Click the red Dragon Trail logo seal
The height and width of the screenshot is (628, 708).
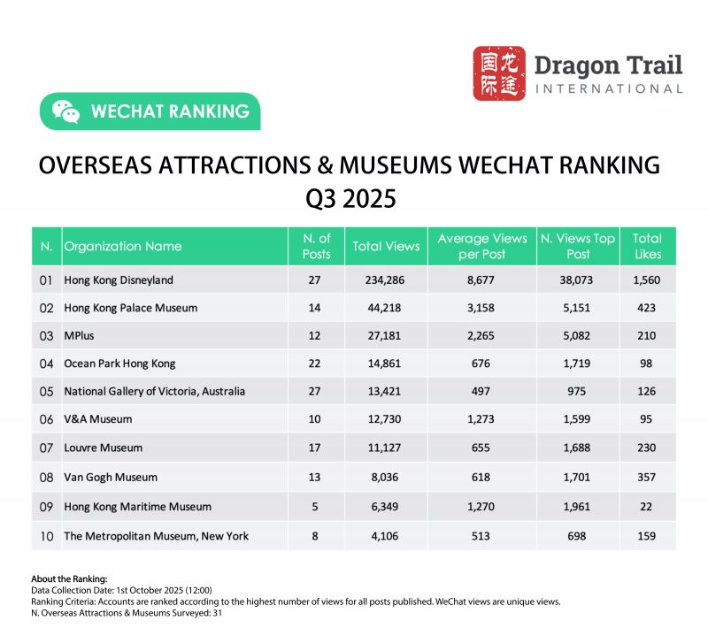click(x=498, y=73)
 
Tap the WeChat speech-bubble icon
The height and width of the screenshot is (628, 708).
click(x=65, y=111)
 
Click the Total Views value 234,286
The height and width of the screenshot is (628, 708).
click(x=379, y=280)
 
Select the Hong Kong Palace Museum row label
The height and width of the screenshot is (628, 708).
click(x=130, y=308)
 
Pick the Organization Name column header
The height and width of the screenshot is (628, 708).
click(x=123, y=247)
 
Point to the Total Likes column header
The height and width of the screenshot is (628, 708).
click(x=647, y=247)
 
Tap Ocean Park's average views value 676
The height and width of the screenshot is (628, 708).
click(x=482, y=363)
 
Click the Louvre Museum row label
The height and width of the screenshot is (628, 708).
click(x=103, y=448)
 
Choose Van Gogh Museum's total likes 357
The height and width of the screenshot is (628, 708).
click(x=647, y=477)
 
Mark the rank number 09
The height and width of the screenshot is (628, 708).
click(x=46, y=507)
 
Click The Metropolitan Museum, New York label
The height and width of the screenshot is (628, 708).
click(x=156, y=536)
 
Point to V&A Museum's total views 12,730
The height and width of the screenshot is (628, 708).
click(x=379, y=420)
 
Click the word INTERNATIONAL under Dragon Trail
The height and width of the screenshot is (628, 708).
click(x=608, y=88)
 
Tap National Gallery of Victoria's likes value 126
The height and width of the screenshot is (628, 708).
click(x=647, y=392)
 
